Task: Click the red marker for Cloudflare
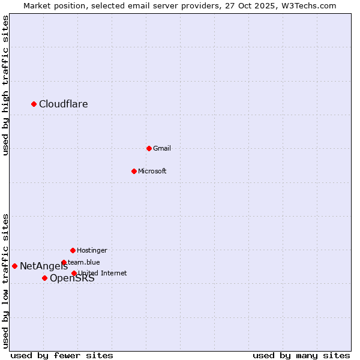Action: [34, 104]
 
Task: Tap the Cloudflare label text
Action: [64, 104]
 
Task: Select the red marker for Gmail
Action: [149, 148]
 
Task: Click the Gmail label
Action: [162, 148]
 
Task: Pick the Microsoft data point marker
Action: [134, 171]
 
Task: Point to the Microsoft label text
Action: [152, 171]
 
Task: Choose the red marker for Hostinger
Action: [73, 250]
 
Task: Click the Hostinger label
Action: [92, 250]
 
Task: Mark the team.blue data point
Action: [64, 262]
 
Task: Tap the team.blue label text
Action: [84, 262]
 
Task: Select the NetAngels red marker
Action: [14, 266]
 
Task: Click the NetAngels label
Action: [43, 266]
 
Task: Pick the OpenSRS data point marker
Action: [44, 278]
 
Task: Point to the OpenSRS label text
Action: [72, 278]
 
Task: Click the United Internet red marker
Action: [74, 273]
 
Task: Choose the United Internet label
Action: [103, 273]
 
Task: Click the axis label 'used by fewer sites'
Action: [62, 356]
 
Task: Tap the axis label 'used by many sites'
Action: [301, 356]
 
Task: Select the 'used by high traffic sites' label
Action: [5, 85]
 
